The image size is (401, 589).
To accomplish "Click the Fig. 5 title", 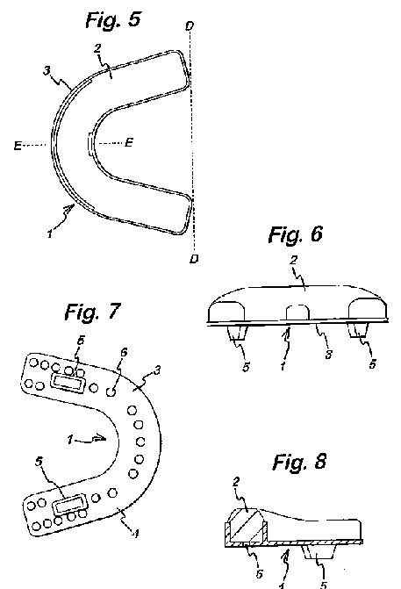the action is [x=113, y=19].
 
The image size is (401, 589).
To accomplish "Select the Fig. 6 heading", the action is [x=296, y=234].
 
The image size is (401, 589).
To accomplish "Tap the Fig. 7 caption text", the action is [x=93, y=312].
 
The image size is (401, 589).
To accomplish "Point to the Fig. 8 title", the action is [x=299, y=462].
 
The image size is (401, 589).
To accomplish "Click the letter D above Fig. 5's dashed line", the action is [x=190, y=26].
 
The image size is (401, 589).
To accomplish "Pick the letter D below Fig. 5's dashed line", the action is [x=194, y=258].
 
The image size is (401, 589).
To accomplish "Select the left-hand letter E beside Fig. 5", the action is [x=18, y=146].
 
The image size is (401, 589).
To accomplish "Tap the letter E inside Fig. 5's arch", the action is [x=129, y=142].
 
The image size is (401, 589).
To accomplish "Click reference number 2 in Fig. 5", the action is [x=97, y=48].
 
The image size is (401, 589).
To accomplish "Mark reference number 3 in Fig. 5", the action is [x=47, y=70].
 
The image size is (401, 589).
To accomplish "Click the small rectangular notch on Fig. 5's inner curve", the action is [x=90, y=144].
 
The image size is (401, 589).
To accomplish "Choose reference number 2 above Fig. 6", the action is [x=294, y=260].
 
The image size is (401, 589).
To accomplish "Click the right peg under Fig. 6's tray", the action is [x=358, y=330].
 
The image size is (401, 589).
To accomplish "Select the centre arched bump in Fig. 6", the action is [x=297, y=312].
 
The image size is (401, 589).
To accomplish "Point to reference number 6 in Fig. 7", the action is [x=124, y=352].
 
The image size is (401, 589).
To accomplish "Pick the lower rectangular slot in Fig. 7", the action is [x=69, y=504].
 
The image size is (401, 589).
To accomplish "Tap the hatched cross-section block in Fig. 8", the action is [x=246, y=526].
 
